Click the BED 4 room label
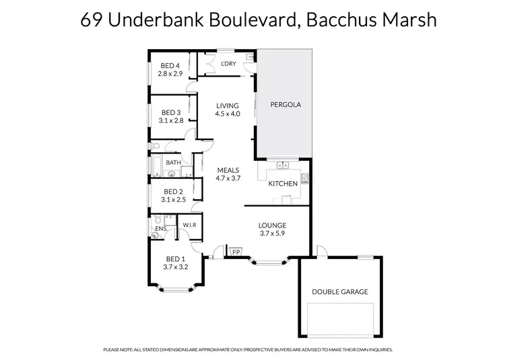(169, 65)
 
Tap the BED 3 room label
(170, 112)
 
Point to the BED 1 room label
(174, 258)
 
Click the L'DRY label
(229, 64)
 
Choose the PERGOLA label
(285, 105)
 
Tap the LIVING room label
(228, 106)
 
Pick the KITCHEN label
(283, 183)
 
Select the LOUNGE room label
(273, 225)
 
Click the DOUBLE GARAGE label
(339, 291)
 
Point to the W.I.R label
(189, 225)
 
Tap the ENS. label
(160, 229)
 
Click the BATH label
(174, 162)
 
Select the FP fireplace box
(236, 252)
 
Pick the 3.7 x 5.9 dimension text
(273, 233)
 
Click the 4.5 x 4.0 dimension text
(228, 114)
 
